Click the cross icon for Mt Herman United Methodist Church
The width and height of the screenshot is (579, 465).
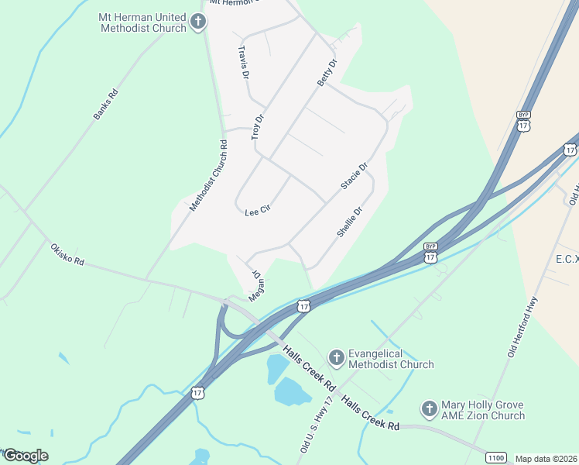(198, 22)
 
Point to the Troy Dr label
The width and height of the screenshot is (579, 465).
(258, 127)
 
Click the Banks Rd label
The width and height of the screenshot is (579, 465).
(106, 105)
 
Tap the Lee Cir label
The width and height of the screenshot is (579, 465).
(256, 211)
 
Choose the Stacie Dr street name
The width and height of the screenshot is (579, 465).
(354, 176)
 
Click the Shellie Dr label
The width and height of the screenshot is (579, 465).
(350, 222)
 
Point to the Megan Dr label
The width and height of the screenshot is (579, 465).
(256, 286)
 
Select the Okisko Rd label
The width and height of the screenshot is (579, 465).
(67, 253)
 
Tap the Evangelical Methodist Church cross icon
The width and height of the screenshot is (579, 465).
(336, 358)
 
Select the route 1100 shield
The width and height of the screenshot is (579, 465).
(497, 458)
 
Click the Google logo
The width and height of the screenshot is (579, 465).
(25, 456)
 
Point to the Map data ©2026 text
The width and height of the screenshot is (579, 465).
(546, 459)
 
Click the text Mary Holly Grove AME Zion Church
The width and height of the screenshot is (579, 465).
(482, 410)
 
